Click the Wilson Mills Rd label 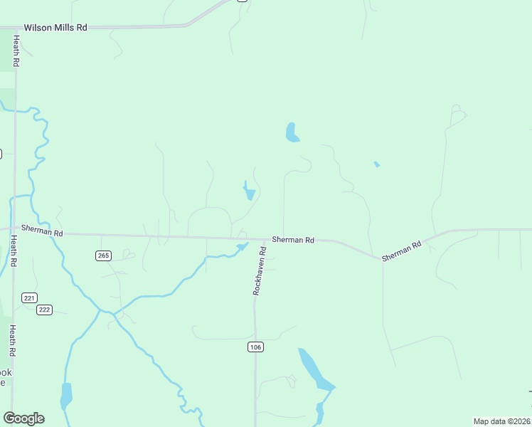coord(55,27)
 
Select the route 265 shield coord(104,255)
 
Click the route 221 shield coord(29,297)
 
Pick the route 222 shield coord(45,309)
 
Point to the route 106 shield coord(256,347)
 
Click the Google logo coord(23,418)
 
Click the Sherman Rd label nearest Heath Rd coord(42,230)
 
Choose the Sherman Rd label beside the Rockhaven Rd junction coord(293,241)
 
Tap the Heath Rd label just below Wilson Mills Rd coord(15,52)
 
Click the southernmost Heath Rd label coord(12,341)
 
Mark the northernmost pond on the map coord(292,132)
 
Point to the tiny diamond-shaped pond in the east coord(376,164)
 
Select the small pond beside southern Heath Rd coord(66,395)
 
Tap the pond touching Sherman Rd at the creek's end coord(242,247)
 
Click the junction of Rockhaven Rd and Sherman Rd coord(267,240)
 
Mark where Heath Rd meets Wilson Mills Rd coord(15,28)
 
